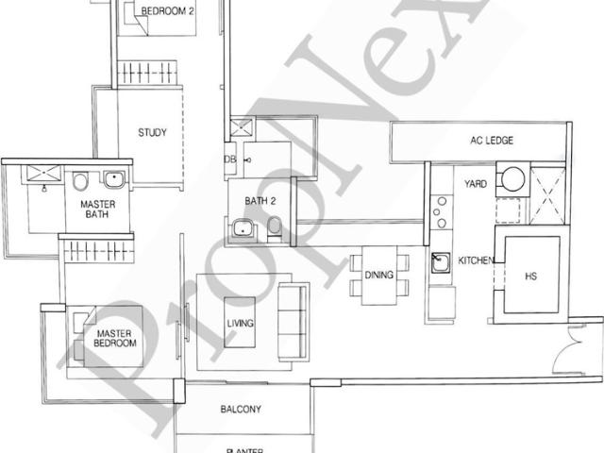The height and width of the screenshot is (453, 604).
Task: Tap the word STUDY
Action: pos(152,133)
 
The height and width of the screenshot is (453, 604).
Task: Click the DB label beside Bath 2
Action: pos(230,159)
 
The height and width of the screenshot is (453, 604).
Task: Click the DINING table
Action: pos(378,276)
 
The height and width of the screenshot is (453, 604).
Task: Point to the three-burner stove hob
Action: pos(439,212)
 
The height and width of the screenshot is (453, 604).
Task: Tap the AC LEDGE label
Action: pos(492,141)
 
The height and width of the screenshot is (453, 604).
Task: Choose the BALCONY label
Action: pos(241,409)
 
